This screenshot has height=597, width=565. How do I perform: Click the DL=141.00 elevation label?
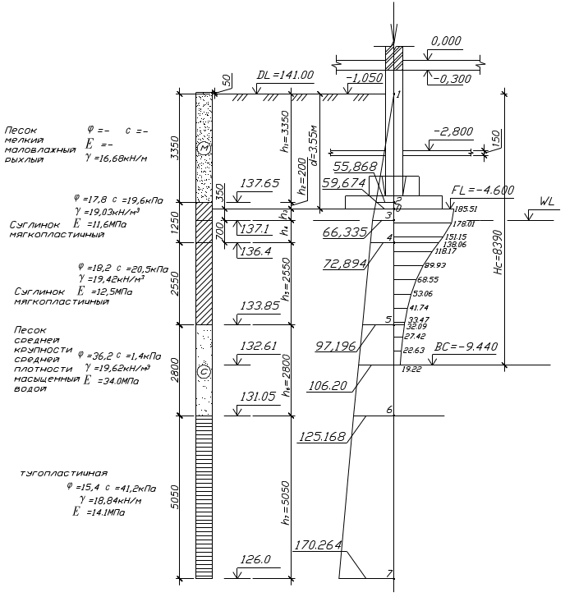coord(286,75)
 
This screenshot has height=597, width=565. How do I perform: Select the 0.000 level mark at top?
coord(446,40)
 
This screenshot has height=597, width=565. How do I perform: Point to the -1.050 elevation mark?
coord(365,77)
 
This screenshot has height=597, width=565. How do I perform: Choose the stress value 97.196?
coord(336,347)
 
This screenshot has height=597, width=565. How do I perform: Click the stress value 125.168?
coord(324,436)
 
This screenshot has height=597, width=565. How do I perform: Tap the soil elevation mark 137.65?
coord(263,182)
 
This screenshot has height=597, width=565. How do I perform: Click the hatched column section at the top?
coord(395,58)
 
